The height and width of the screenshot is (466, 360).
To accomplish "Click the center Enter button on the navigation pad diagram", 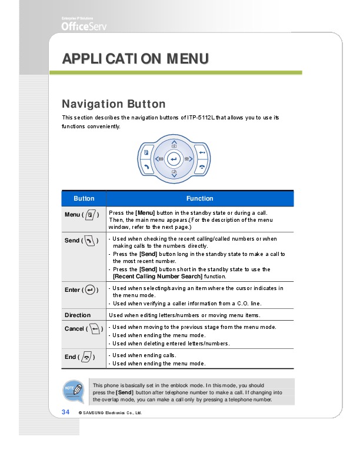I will pos(173,159).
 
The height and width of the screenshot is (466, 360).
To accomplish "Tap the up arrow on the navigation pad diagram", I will pos(174,144).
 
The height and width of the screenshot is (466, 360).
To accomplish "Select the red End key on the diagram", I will pos(202,167).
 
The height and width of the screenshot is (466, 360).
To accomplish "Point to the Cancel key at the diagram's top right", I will pos(202,152).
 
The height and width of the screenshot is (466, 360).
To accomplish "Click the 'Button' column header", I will pos(84,198).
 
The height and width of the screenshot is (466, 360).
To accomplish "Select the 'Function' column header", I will pos(199,198).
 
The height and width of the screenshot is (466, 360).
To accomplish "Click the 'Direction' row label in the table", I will pos(78,315).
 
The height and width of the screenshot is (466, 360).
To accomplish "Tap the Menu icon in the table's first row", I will pos(91,215).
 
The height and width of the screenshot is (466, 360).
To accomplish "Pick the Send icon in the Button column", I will pos(90,241).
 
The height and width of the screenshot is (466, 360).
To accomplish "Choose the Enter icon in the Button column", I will pos(90,290).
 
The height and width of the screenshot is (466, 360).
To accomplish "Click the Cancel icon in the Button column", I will pos(94,328).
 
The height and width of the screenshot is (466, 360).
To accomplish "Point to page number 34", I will pos(66,411).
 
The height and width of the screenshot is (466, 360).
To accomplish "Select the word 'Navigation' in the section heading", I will pos(91,104).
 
